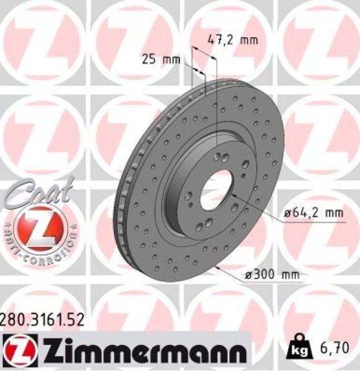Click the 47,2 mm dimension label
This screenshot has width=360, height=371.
231,41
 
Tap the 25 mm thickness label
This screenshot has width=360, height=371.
160,60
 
